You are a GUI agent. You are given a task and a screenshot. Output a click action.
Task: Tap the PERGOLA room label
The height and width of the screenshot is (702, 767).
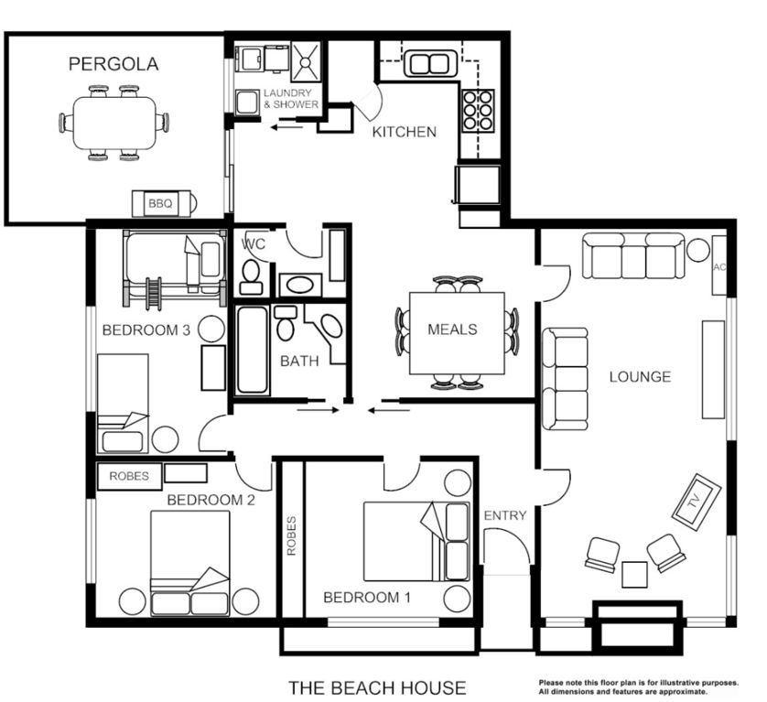[x=113, y=64]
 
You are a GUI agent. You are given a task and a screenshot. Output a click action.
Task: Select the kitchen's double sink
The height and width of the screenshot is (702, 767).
[x=428, y=64]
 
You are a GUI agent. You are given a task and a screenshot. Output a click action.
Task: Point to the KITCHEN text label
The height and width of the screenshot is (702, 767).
[x=404, y=132]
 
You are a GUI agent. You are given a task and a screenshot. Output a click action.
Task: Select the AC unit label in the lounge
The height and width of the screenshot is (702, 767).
[x=719, y=266]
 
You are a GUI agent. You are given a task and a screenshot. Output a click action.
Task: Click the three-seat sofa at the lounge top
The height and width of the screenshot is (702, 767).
[x=634, y=256]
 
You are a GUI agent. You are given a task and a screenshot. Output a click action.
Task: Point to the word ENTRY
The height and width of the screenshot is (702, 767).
[x=505, y=515]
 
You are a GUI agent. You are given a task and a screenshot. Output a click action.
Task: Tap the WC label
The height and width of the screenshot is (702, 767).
[x=253, y=245]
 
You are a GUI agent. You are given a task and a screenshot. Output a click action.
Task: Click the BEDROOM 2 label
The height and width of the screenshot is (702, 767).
[x=211, y=500]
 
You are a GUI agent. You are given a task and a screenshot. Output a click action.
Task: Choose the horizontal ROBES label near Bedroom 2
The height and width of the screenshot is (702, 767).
[x=129, y=476]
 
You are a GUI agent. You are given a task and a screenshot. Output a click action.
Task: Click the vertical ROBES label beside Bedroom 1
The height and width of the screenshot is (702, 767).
[x=292, y=535]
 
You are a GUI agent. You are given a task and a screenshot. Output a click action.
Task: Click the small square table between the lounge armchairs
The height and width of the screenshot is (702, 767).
[x=634, y=574]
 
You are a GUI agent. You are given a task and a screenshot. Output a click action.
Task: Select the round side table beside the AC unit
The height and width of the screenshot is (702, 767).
[x=698, y=249]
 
